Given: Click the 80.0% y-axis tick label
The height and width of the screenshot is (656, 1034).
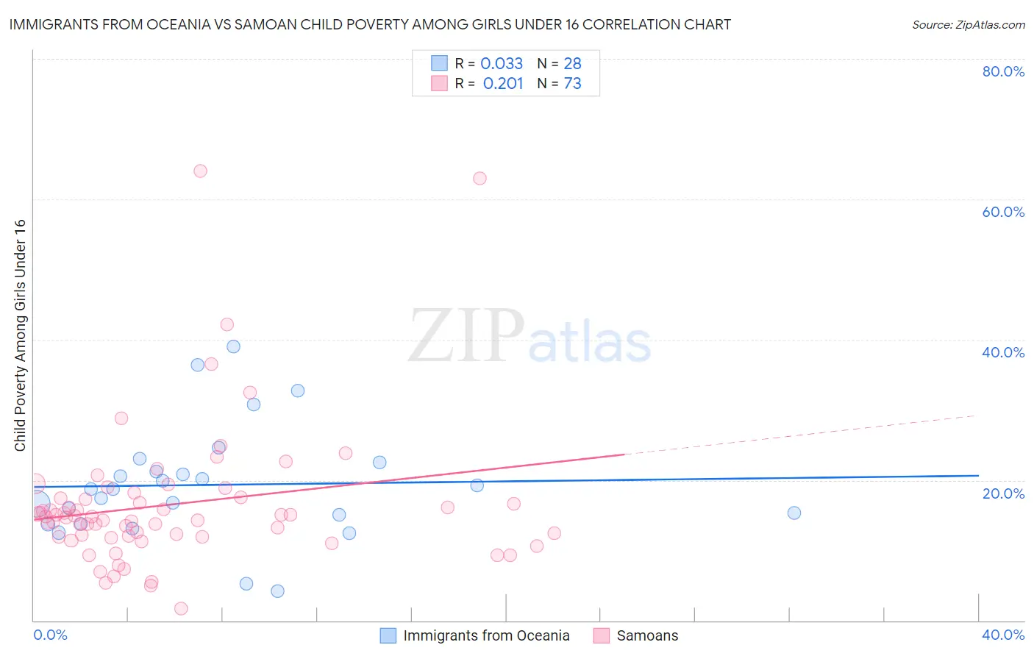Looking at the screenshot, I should pos(1003,71).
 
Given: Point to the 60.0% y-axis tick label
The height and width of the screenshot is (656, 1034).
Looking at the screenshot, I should pos(1003,212).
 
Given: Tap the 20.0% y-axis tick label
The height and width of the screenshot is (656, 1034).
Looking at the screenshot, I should pos(1003,493).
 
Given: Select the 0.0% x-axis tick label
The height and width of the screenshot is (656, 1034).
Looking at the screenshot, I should pos(50,635).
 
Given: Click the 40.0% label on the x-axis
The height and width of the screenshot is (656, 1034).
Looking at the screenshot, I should pos(1003,635).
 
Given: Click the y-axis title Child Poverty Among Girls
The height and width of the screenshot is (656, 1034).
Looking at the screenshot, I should pos(20,335).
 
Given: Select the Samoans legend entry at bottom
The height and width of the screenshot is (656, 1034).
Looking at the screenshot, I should pos(647,635).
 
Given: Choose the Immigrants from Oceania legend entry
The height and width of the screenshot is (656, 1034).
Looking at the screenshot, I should pos(486,635).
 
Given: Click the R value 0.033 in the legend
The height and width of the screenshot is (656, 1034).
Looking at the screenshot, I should pos(502,64).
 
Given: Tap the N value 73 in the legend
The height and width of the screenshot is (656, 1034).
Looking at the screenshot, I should pos(572,84).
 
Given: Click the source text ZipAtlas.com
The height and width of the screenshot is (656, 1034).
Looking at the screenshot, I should pos(969,25).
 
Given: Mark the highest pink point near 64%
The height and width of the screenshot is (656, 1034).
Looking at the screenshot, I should pos(200,171).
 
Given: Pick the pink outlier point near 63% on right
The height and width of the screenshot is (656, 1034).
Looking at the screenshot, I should pos(479,178).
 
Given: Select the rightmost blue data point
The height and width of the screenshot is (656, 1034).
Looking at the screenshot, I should pos(794,513).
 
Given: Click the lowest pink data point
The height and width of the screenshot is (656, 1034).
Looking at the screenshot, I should pos(181,608).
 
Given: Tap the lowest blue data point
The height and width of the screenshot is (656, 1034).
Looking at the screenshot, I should pos(277,591).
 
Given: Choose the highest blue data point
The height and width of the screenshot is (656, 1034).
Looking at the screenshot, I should pos(233,346).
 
